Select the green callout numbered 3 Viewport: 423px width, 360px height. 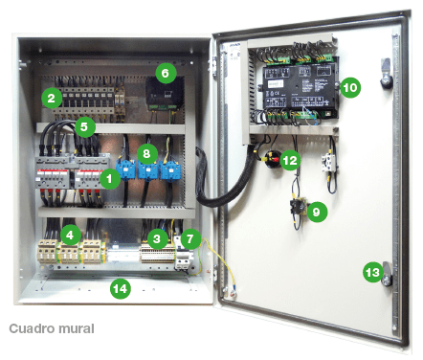coord(156,236)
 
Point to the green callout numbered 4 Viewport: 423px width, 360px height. coord(69,234)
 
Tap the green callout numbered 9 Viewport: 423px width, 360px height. coord(317,210)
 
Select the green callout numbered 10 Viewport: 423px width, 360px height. coord(349,87)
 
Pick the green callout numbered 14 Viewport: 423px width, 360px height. coord(119,286)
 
